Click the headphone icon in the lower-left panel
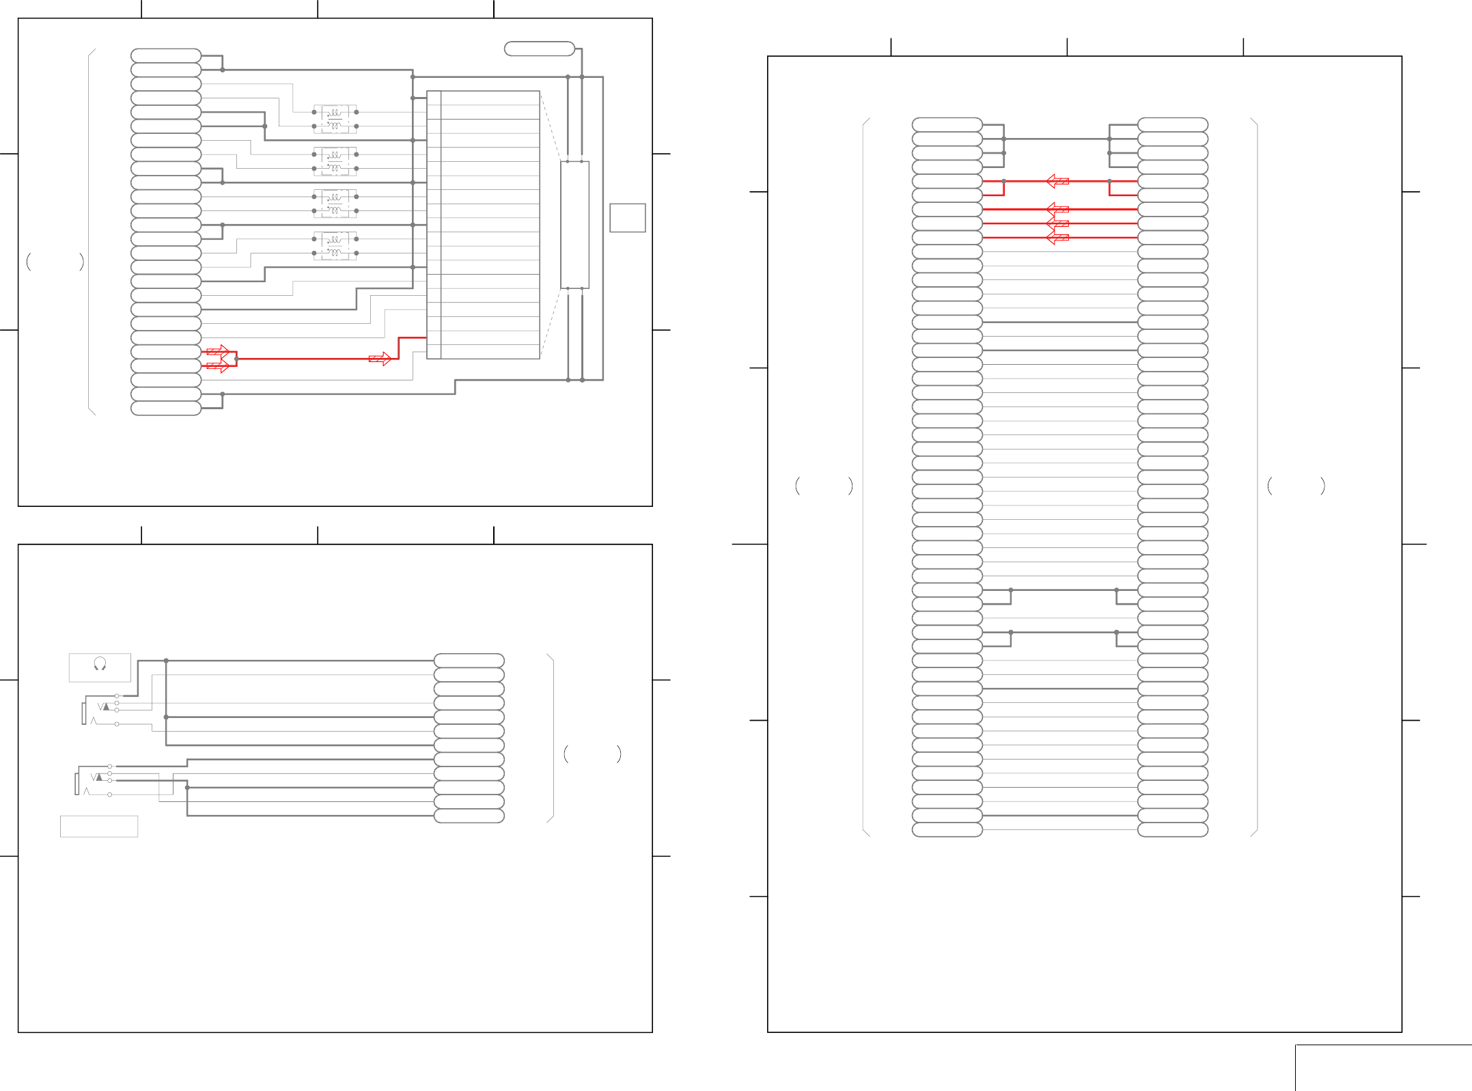(100, 663)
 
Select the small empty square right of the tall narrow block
(627, 218)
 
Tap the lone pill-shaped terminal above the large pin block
(539, 49)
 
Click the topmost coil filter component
(335, 119)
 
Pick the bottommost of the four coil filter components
(335, 246)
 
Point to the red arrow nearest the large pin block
(380, 359)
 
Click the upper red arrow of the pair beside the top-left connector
(218, 352)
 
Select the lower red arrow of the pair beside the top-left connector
(218, 366)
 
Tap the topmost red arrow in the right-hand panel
(1057, 181)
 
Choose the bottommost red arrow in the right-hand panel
(1057, 238)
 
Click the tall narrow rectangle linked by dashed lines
(574, 225)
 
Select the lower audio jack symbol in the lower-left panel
(94, 781)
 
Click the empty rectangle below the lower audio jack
(99, 826)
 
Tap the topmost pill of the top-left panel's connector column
(166, 55)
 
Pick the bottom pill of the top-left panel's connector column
(166, 409)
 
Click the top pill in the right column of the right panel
(1173, 124)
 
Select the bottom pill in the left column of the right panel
(947, 830)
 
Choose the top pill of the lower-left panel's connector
(469, 661)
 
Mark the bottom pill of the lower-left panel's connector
(469, 816)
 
